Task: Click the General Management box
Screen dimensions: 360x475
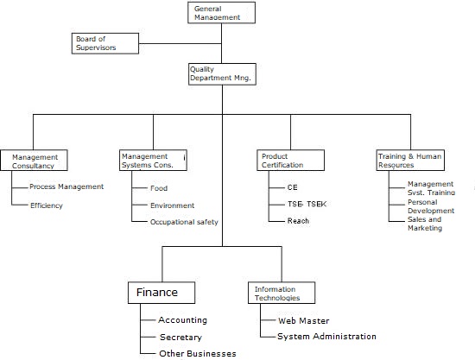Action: (x=221, y=12)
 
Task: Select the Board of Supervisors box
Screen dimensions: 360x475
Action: (x=106, y=42)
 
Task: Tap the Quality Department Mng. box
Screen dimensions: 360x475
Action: (x=221, y=74)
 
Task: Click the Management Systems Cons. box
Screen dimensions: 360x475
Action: (x=153, y=161)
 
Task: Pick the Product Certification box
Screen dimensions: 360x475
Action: (x=290, y=161)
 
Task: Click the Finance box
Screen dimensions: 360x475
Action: (x=161, y=292)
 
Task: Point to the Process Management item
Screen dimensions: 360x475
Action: (x=66, y=186)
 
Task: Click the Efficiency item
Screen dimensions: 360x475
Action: (x=46, y=205)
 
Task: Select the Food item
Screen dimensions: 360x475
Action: (x=158, y=188)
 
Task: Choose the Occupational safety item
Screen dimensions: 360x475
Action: (x=183, y=222)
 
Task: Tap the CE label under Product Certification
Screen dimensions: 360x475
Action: (x=292, y=186)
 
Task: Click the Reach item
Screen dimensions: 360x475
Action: (x=298, y=221)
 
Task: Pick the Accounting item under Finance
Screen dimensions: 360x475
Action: (x=182, y=320)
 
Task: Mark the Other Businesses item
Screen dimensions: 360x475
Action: (x=197, y=353)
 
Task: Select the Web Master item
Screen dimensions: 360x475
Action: (x=303, y=320)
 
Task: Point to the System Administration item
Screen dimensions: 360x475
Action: (x=326, y=337)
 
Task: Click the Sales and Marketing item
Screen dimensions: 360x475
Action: (x=424, y=224)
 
